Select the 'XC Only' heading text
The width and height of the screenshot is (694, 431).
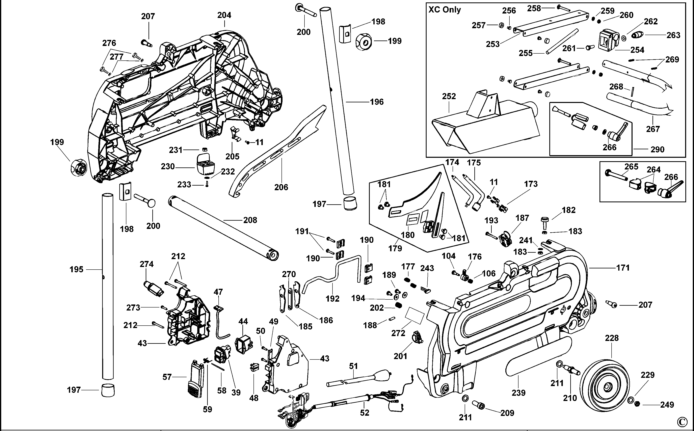444,10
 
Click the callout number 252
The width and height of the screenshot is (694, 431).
449,96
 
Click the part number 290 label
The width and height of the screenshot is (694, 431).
657,149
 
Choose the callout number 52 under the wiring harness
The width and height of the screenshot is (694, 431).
365,412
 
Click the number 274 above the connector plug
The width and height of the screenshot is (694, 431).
146,264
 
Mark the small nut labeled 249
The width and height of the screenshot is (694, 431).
638,404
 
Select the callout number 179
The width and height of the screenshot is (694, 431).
395,248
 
